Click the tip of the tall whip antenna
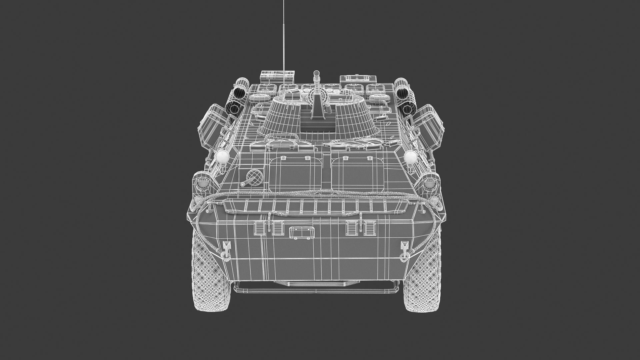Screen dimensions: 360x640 point(284,1)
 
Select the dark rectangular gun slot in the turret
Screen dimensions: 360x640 point(318,124)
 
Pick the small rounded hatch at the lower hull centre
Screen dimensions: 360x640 point(302,232)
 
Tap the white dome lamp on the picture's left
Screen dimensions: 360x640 point(222,157)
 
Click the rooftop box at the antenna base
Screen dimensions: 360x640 point(277,76)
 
